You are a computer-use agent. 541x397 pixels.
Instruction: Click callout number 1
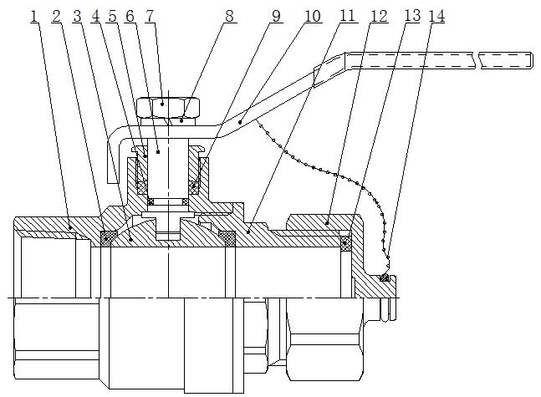click(x=34, y=17)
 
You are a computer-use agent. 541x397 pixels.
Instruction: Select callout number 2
click(x=56, y=17)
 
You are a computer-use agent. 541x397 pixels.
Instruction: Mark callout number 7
click(x=150, y=17)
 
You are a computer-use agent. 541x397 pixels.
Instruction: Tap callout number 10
click(x=311, y=17)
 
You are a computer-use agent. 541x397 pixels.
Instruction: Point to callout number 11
click(x=349, y=17)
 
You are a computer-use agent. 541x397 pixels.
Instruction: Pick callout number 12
click(x=379, y=17)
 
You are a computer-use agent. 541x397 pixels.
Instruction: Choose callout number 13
click(x=411, y=17)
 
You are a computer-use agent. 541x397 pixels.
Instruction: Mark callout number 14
click(x=439, y=17)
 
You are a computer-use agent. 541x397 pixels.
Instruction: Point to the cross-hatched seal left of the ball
click(x=107, y=239)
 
